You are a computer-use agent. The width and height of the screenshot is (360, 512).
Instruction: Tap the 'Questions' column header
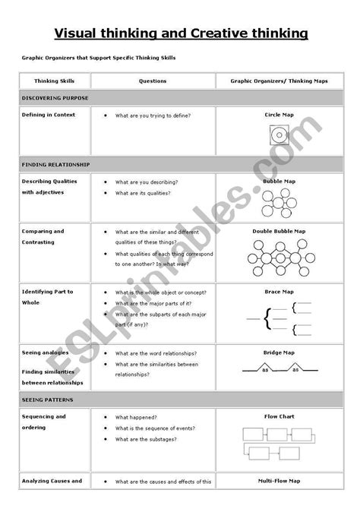pyautogui.click(x=153, y=81)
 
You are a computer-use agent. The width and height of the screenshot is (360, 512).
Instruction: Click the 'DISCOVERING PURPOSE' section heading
pyautogui.click(x=55, y=98)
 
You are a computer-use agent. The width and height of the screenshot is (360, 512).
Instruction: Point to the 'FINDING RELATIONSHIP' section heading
pyautogui.click(x=56, y=164)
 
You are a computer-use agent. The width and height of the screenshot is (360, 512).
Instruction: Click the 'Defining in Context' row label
pyautogui.click(x=50, y=115)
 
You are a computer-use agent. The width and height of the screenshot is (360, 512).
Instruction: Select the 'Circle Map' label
pyautogui.click(x=278, y=115)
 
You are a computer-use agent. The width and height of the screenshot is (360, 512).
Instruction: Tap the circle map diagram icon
pyautogui.click(x=278, y=137)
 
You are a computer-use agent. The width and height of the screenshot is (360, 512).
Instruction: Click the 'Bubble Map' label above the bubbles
pyautogui.click(x=278, y=182)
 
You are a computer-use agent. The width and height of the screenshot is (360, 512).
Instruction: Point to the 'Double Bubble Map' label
pyautogui.click(x=278, y=231)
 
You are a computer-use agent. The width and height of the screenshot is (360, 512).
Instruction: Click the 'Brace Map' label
pyautogui.click(x=278, y=292)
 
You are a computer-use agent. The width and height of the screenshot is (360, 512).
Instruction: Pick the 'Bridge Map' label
pyautogui.click(x=278, y=352)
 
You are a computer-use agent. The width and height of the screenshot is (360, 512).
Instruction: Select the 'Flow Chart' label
pyautogui.click(x=278, y=416)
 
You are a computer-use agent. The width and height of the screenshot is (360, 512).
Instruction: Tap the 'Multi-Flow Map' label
pyautogui.click(x=278, y=481)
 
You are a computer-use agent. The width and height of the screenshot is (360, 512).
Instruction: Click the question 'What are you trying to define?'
pyautogui.click(x=153, y=115)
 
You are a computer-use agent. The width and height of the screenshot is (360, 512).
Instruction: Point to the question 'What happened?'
pyautogui.click(x=136, y=416)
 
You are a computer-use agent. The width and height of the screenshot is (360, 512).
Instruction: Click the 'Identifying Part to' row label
pyautogui.click(x=48, y=292)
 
